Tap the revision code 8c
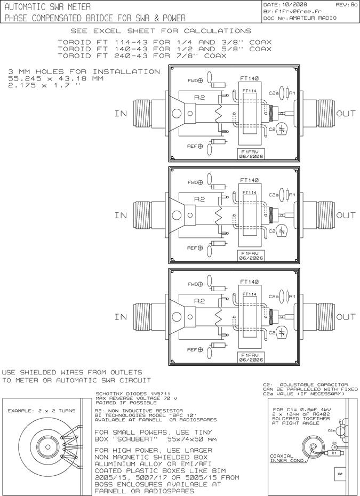click(353, 4)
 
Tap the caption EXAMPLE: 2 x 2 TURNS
click(42, 411)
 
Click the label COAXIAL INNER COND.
click(288, 458)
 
